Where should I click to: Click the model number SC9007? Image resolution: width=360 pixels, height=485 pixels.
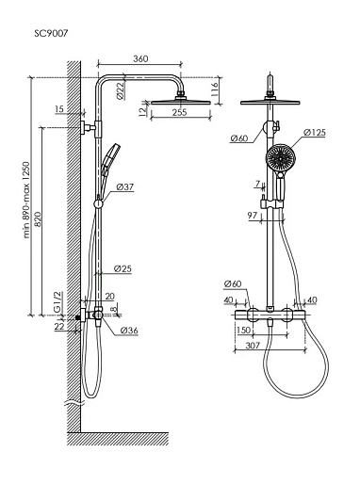(x=51, y=33)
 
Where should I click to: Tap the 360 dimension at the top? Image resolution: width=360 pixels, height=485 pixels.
(x=140, y=58)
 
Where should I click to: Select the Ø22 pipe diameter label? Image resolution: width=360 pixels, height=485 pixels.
(x=121, y=90)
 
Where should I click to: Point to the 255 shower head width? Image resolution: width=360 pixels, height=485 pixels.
(x=179, y=112)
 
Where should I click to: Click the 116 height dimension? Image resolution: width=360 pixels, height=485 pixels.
(x=215, y=89)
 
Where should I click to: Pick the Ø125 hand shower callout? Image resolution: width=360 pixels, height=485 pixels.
(x=315, y=133)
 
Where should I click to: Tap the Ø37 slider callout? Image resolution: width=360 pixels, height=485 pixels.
(x=125, y=187)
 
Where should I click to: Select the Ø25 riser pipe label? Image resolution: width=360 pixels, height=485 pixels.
(x=123, y=268)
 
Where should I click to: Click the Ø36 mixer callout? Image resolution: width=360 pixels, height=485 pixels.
(x=129, y=331)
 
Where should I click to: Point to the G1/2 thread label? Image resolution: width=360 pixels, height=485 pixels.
(x=57, y=302)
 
